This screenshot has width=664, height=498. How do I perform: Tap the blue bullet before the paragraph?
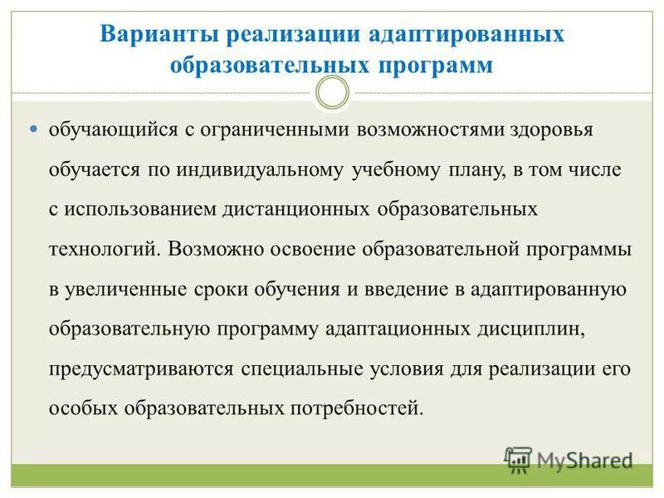[x=34, y=130]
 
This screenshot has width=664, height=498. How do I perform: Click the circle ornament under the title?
[x=333, y=93]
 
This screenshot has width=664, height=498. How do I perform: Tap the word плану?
[x=491, y=170]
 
